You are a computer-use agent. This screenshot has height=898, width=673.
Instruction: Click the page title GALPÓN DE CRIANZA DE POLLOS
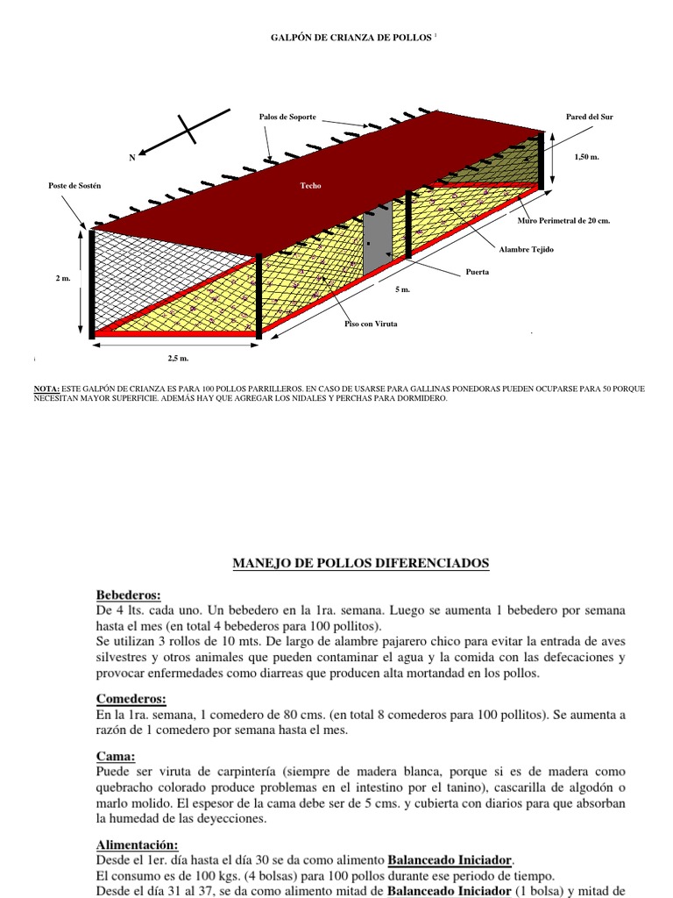pos(347,39)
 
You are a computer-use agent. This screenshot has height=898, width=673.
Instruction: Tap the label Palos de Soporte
pos(287,117)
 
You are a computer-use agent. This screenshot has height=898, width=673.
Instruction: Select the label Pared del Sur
pos(591,117)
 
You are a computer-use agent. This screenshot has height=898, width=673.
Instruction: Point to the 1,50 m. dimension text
pos(588,157)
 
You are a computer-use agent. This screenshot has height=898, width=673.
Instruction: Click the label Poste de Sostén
pos(75,186)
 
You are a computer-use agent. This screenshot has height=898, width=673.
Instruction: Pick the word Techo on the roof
pos(310,186)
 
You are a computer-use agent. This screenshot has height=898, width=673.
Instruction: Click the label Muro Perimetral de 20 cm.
pos(563,221)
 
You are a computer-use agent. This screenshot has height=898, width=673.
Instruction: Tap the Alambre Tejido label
pos(526,250)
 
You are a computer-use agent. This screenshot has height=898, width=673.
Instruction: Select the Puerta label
pos(478,273)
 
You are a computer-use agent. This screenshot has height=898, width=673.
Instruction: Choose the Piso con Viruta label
pos(371,324)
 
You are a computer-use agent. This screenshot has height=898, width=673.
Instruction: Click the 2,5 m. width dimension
pos(178,359)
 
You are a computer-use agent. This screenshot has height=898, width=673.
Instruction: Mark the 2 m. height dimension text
pos(63,278)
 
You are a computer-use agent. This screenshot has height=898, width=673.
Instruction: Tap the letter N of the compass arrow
pos(132,157)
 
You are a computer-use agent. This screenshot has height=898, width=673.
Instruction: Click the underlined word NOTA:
pos(46,388)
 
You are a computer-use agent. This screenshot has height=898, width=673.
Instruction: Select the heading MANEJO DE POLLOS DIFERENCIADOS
pos(360,563)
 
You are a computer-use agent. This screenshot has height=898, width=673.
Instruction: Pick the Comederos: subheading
pos(131,699)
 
